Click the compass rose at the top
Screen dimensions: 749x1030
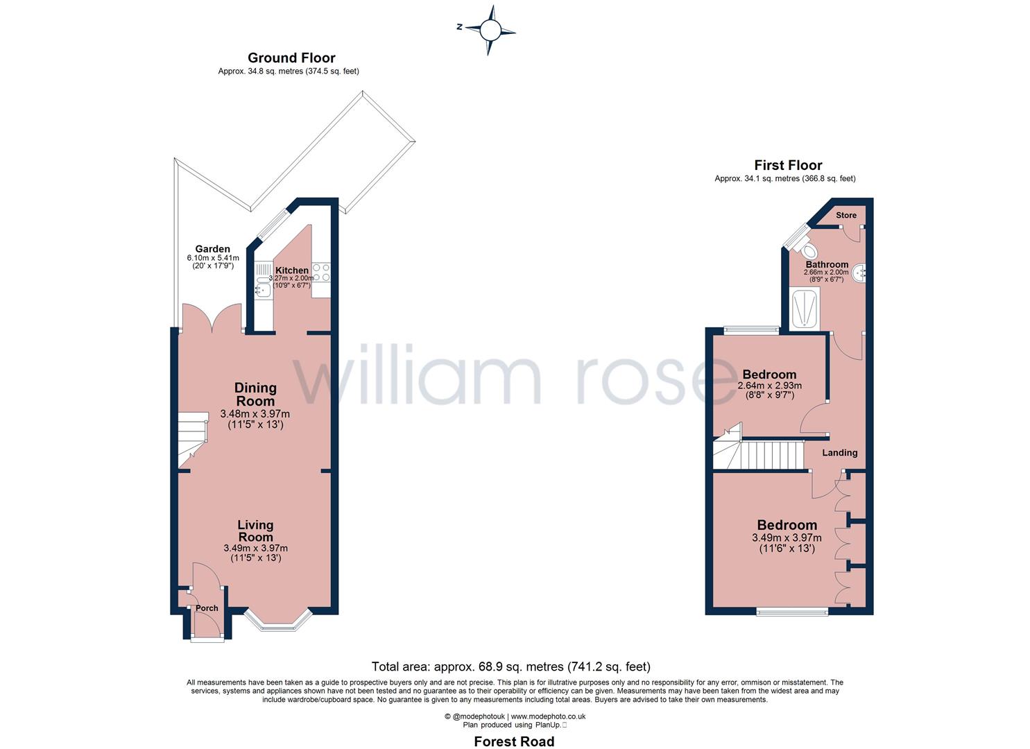click(x=490, y=30)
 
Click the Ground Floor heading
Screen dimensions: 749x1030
click(x=291, y=58)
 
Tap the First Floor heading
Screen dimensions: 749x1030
click(x=788, y=165)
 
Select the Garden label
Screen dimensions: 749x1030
click(x=212, y=249)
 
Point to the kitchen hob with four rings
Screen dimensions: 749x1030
click(x=321, y=272)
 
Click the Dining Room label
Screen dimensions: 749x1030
click(x=255, y=394)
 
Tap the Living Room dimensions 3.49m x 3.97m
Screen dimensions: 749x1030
click(x=255, y=548)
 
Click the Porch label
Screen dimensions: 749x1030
click(x=207, y=608)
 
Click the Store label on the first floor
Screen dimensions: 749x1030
click(x=846, y=215)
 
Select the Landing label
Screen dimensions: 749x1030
click(x=840, y=453)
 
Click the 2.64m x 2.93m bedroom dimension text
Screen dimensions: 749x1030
click(x=769, y=386)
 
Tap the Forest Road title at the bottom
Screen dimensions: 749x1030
click(x=514, y=741)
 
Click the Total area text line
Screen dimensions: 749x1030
click(x=511, y=666)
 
